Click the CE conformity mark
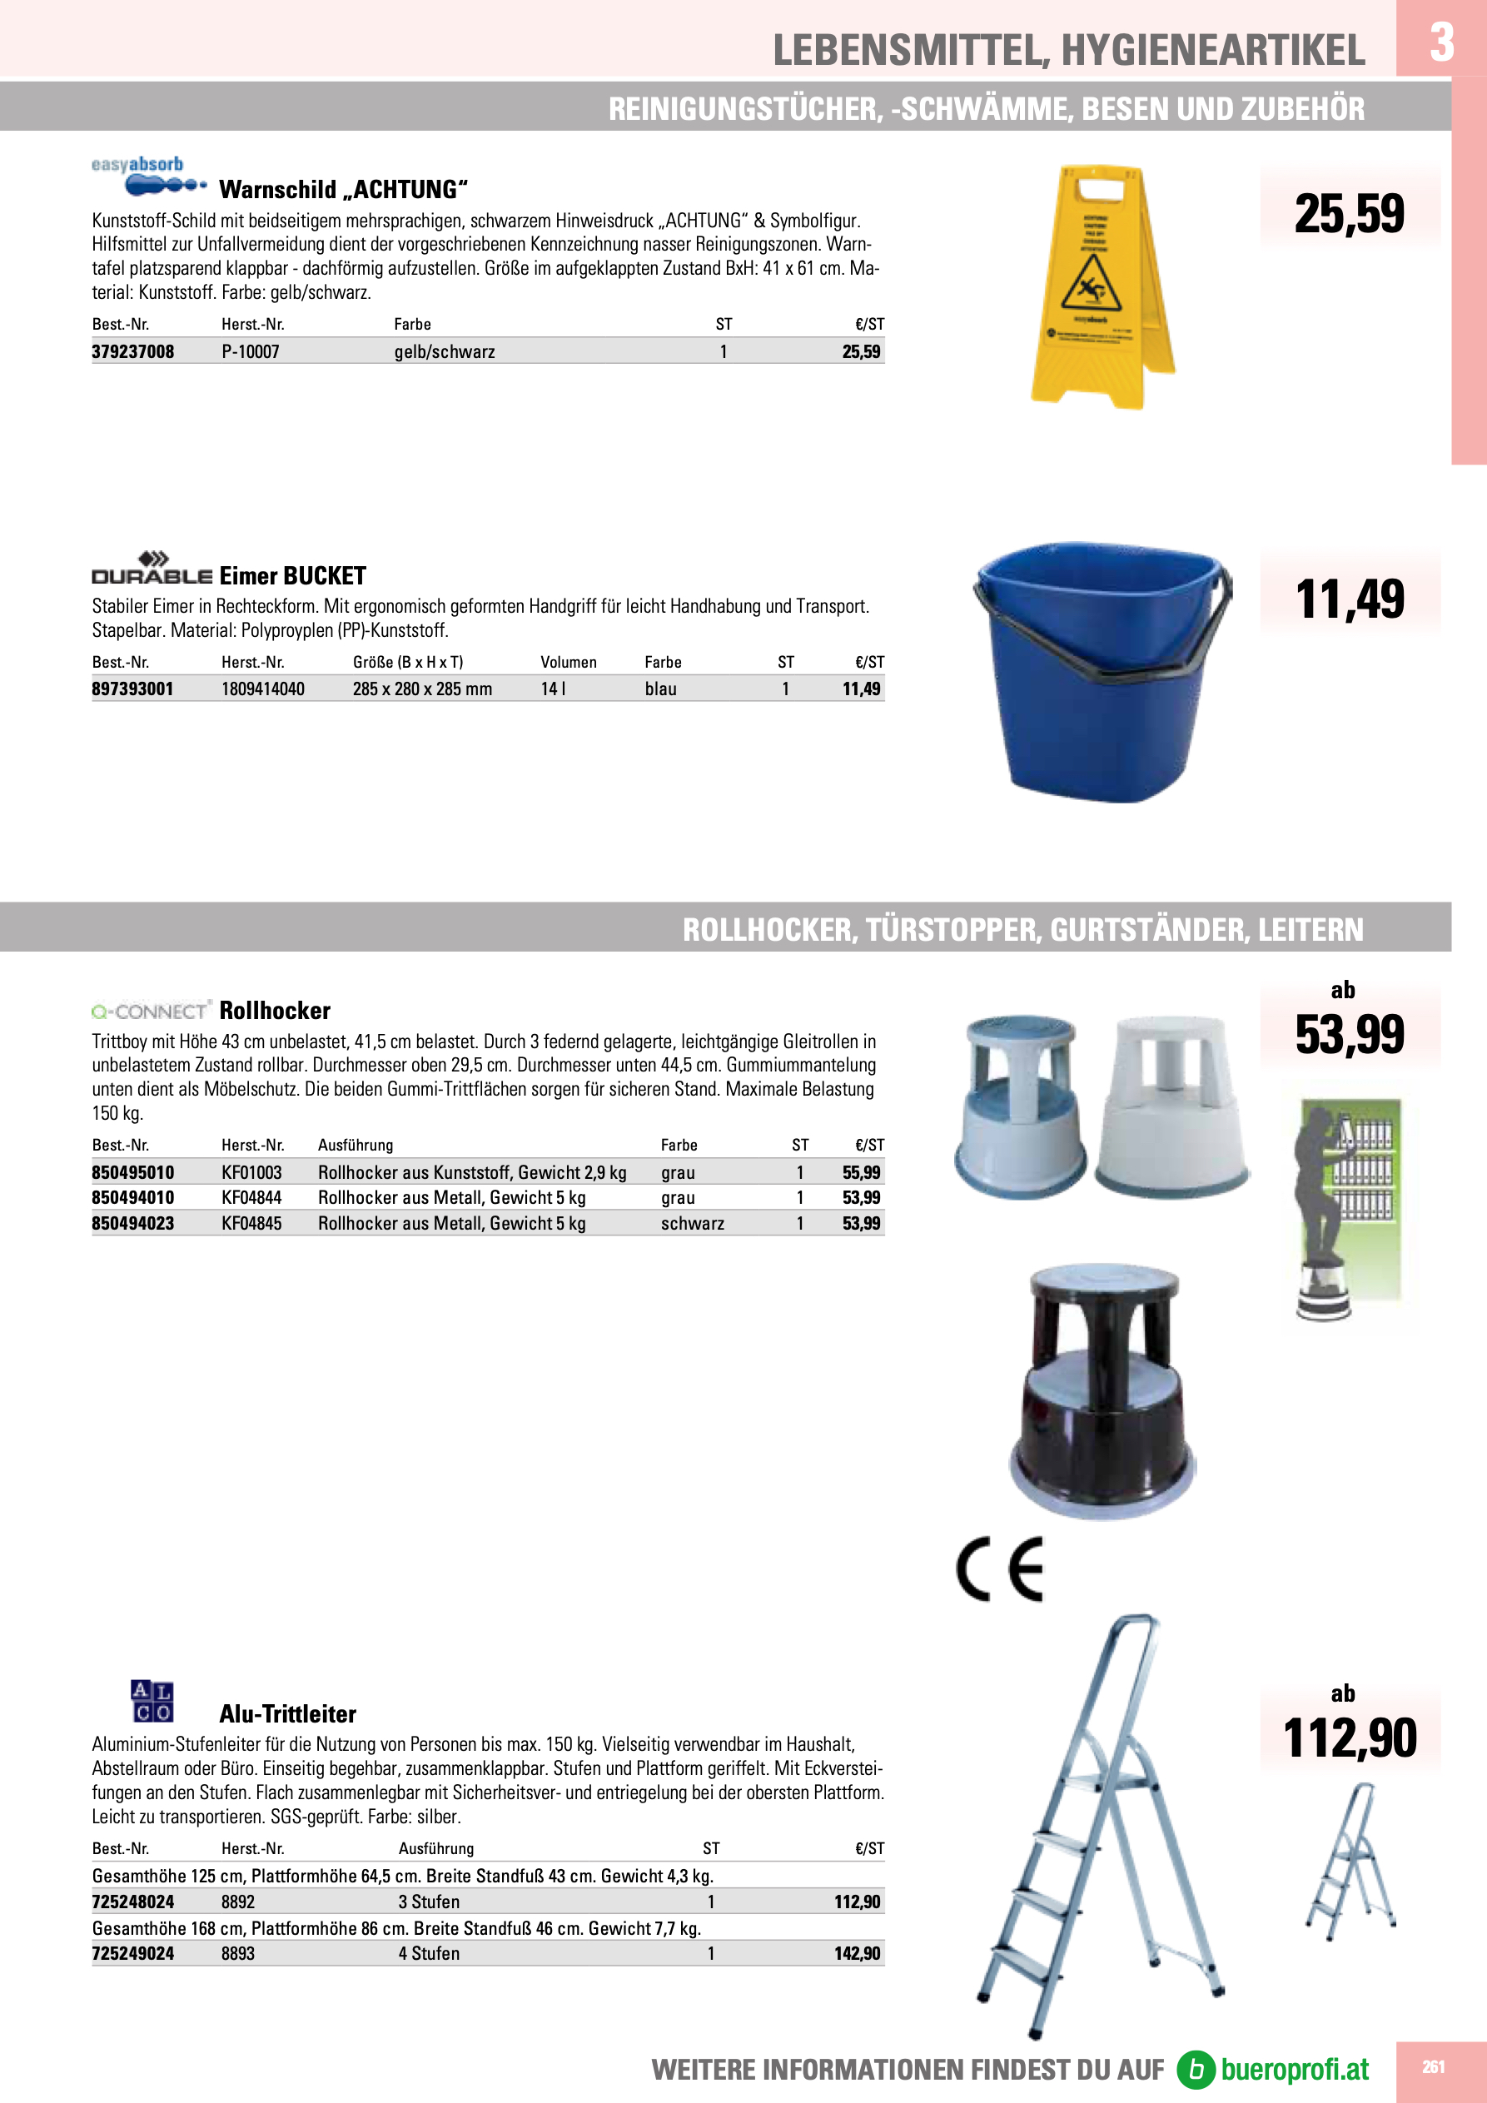pyautogui.click(x=1000, y=1569)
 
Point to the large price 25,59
pyautogui.click(x=1349, y=213)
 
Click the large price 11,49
pyautogui.click(x=1349, y=599)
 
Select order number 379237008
pyautogui.click(x=133, y=351)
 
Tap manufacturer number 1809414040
pyautogui.click(x=263, y=689)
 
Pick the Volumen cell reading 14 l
pyautogui.click(x=553, y=689)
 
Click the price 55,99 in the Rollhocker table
pyautogui.click(x=860, y=1172)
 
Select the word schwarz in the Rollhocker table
pyautogui.click(x=692, y=1224)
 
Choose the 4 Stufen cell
pyautogui.click(x=429, y=1954)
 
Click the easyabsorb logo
pyautogui.click(x=147, y=176)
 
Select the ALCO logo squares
pyautogui.click(x=152, y=1702)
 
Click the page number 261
pyautogui.click(x=1433, y=2066)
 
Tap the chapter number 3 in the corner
pyautogui.click(x=1441, y=42)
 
